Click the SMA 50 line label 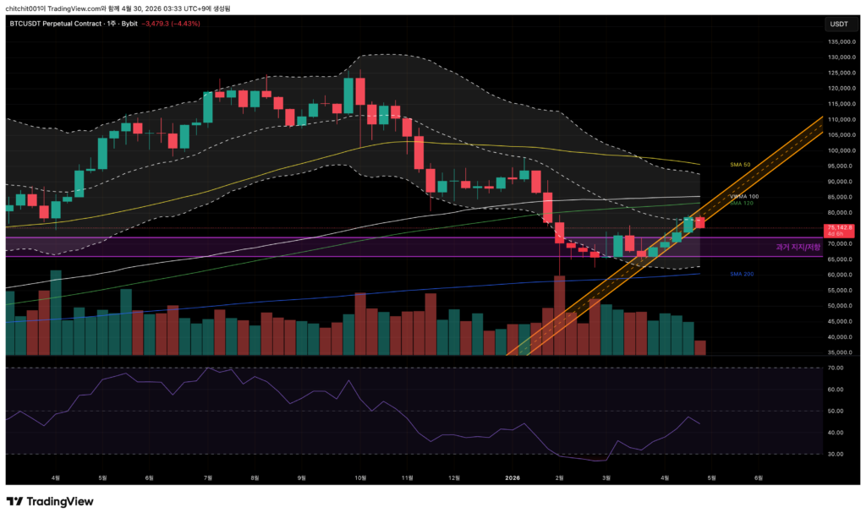pos(741,164)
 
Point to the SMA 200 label pos(741,274)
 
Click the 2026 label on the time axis pos(512,477)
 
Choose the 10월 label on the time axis pos(360,477)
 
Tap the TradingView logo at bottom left pos(50,501)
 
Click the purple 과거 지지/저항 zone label pos(797,247)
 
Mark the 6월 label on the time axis pos(759,477)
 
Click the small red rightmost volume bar pos(700,347)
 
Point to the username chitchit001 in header pos(25,7)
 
